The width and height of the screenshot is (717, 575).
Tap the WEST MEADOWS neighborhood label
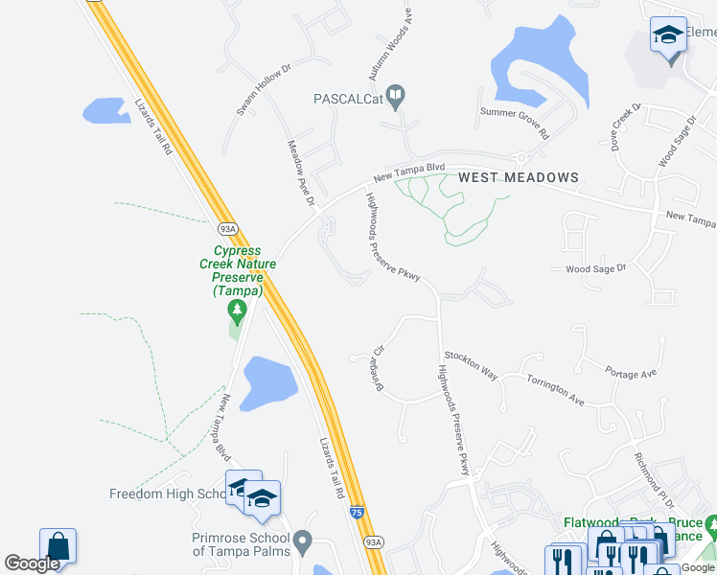click(518, 177)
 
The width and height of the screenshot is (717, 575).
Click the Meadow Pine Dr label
click(301, 172)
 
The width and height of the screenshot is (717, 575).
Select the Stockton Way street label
click(471, 365)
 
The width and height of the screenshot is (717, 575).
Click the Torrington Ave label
click(555, 387)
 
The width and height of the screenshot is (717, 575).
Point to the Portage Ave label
click(631, 370)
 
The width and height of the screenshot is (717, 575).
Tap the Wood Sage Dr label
click(594, 269)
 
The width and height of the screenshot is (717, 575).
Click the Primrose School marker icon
click(303, 541)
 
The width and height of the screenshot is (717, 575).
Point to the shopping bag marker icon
click(58, 546)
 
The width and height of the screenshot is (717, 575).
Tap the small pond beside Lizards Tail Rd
click(106, 110)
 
